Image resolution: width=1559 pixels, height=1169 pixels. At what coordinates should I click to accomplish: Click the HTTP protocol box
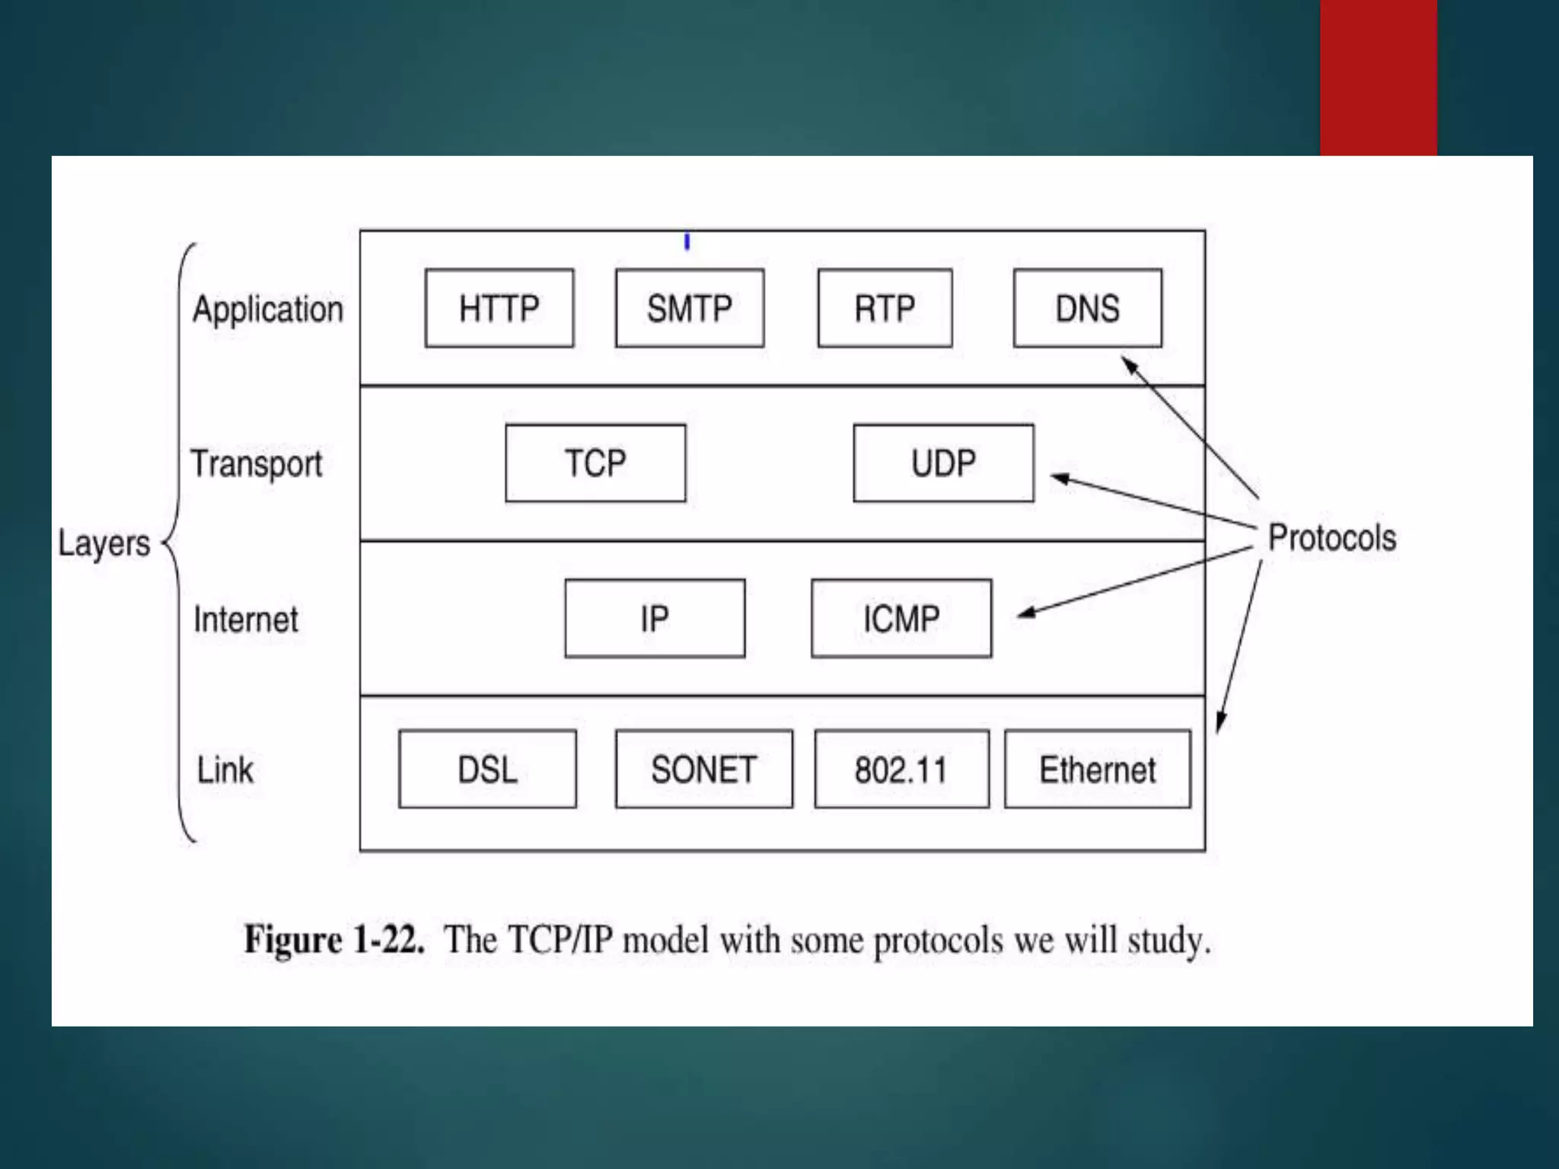pos(499,308)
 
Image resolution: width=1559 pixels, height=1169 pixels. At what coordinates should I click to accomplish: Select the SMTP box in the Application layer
pos(690,308)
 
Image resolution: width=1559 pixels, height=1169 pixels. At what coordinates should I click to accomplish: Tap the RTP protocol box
pos(885,308)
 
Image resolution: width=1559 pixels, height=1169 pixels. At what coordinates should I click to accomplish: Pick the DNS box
pos(1087,308)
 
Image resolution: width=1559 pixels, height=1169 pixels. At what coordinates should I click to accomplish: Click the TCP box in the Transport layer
pos(595,463)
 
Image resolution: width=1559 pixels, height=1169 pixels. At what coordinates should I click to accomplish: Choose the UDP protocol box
pos(943,463)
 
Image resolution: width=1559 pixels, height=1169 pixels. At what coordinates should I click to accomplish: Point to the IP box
pos(655,618)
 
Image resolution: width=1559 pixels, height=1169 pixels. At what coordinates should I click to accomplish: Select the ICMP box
pos(901,618)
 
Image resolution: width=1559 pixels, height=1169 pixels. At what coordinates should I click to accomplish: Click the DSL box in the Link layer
pos(487,769)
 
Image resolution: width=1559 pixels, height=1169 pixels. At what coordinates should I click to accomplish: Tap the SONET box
pos(703,769)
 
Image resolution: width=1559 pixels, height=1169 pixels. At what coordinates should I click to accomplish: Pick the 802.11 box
pos(901,769)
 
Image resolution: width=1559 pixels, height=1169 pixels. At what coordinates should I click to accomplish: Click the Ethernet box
pos(1097,769)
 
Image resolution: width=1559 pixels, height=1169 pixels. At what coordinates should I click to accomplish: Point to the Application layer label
pos(268,310)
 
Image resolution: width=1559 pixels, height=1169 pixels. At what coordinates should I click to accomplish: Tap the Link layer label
pos(225,769)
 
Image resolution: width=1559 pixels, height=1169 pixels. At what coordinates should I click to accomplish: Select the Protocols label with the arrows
pos(1332,538)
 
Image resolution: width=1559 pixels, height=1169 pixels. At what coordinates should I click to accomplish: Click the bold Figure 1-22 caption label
pos(333,939)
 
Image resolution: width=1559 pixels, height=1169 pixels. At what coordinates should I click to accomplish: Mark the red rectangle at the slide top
pos(1378,76)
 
